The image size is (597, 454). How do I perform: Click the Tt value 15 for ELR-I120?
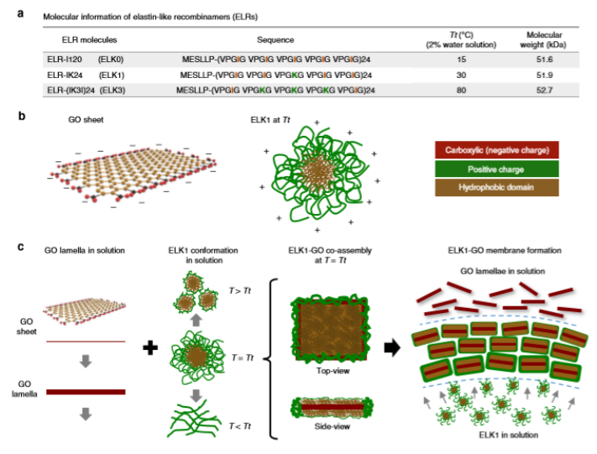461,60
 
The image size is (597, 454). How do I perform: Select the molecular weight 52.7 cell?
544,90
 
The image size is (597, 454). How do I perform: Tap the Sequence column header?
275,40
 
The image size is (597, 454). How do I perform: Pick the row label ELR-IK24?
65,75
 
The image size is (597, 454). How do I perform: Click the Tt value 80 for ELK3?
461,90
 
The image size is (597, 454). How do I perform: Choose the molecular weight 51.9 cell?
544,75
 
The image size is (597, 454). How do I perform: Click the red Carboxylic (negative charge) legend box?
497,150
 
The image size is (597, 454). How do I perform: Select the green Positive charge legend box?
497,169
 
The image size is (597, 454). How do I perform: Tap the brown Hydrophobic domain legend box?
497,187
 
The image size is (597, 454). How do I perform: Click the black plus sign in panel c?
150,347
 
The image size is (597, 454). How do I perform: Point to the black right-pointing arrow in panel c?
392,347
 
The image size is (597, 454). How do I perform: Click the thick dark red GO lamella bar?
86,392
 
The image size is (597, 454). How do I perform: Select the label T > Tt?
240,291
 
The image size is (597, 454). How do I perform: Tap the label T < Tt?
240,426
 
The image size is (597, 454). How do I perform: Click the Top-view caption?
333,371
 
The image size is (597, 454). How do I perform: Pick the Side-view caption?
332,426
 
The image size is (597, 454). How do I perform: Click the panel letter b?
22,116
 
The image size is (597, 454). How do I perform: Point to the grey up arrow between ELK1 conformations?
196,320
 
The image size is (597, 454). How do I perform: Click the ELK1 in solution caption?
509,435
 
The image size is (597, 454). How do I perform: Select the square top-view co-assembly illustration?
331,329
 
